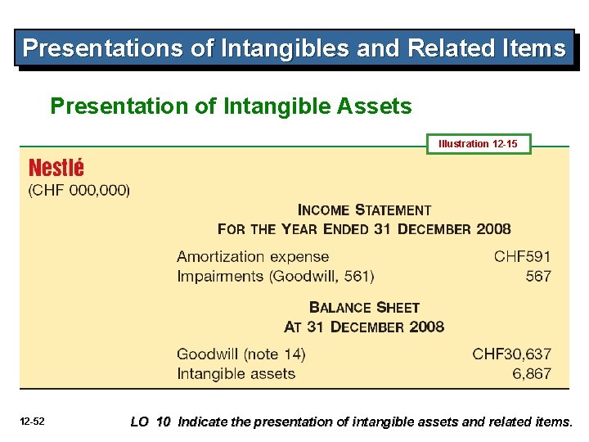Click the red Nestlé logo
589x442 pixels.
click(56, 169)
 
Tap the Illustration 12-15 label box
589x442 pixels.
click(478, 144)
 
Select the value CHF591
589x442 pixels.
click(522, 257)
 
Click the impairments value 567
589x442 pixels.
click(538, 277)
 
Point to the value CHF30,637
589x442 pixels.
click(511, 354)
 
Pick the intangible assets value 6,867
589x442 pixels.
click(532, 374)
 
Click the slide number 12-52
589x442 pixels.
click(33, 422)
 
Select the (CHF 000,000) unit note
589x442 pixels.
click(79, 191)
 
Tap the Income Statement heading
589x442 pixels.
click(364, 210)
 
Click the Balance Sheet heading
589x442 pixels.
click(364, 308)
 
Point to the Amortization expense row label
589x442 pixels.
click(253, 257)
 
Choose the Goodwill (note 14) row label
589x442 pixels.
click(241, 354)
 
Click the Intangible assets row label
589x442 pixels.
click(236, 374)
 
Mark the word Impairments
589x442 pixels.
click(219, 277)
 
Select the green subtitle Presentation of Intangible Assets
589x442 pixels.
click(231, 106)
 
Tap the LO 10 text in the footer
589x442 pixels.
click(151, 422)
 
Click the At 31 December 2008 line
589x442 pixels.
click(364, 327)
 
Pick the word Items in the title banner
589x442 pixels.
click(535, 48)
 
